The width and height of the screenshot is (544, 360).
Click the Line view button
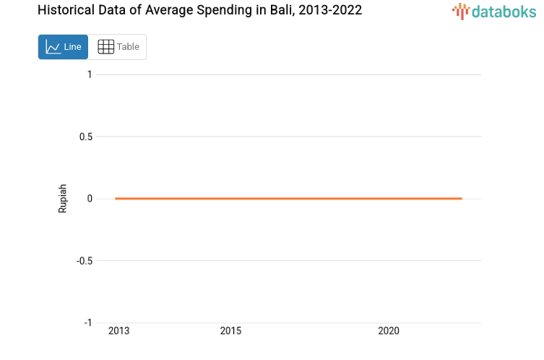(x=64, y=47)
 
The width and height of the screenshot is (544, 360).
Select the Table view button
(x=118, y=47)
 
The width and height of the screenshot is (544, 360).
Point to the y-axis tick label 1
(x=89, y=74)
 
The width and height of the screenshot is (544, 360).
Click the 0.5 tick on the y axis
(x=85, y=137)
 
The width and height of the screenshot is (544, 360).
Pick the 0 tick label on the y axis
(x=89, y=199)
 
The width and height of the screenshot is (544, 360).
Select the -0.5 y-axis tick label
(x=84, y=260)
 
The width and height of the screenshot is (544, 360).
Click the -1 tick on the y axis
(x=87, y=322)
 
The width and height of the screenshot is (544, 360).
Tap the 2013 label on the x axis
(x=118, y=331)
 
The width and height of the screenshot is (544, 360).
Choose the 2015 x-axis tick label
(x=230, y=331)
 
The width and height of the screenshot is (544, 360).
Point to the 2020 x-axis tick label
(x=389, y=331)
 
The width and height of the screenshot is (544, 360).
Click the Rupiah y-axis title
(x=63, y=198)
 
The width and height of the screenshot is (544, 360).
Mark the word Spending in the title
(x=223, y=11)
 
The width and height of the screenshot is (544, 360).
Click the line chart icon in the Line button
(x=53, y=47)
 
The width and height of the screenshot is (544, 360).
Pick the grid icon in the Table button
(x=105, y=47)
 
